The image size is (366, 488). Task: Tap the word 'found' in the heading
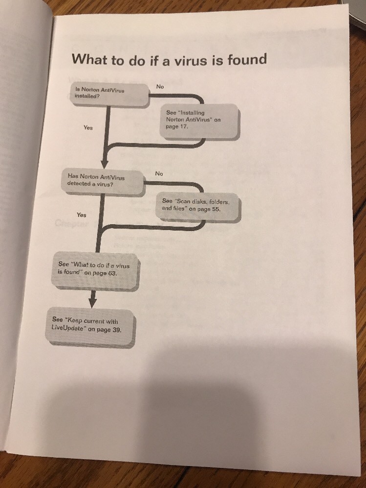[247, 59]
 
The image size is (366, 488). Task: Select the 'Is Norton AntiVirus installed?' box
[110, 95]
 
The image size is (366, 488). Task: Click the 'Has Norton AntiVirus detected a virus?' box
[103, 182]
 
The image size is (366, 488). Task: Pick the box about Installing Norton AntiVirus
[199, 121]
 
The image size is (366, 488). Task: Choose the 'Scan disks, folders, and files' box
[198, 207]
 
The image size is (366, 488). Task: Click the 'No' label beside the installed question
[160, 86]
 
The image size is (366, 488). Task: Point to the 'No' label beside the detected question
[159, 174]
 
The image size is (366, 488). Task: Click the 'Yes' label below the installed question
[88, 127]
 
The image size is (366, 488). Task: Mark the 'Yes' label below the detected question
[82, 215]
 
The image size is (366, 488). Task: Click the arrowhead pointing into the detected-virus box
[105, 164]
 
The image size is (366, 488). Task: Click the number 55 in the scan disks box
[216, 209]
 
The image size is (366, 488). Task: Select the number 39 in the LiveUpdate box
[117, 330]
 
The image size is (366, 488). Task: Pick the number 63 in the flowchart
[112, 273]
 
